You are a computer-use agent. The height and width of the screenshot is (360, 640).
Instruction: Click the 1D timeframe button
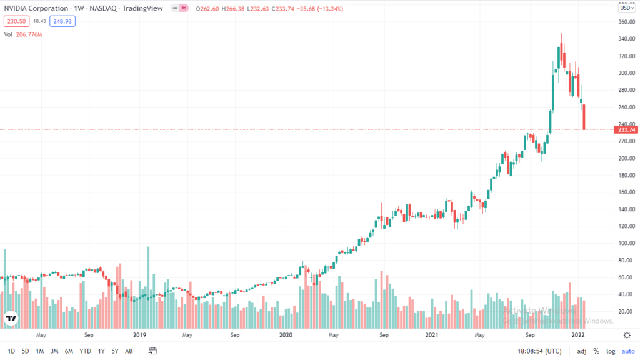[x=11, y=351]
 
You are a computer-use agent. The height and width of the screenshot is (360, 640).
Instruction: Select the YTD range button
[x=85, y=351]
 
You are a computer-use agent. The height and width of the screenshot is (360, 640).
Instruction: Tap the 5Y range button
[x=114, y=351]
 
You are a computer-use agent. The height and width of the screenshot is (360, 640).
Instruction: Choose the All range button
[x=129, y=351]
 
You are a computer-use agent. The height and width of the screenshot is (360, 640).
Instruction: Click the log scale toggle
[x=610, y=351]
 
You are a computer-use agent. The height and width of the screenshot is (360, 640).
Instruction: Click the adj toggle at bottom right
[x=581, y=351]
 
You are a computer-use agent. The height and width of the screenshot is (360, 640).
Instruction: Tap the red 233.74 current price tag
[x=626, y=129]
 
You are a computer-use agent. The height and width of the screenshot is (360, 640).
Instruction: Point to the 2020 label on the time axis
[x=286, y=335]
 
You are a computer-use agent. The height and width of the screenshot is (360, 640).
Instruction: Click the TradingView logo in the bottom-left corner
[x=11, y=319]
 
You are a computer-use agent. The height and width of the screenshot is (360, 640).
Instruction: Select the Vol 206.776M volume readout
[x=22, y=34]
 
